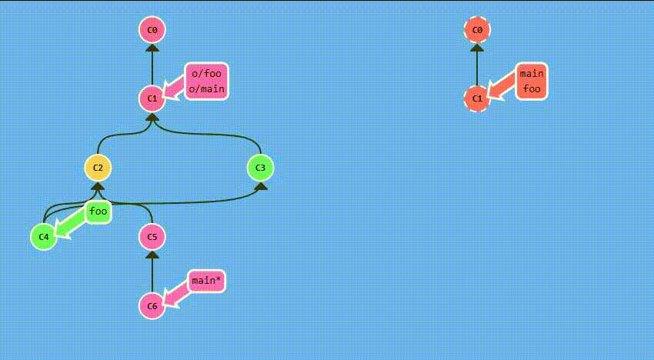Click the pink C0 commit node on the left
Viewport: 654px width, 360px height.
(152, 30)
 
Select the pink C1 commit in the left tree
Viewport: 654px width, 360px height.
(152, 98)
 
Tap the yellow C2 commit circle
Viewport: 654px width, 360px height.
(98, 168)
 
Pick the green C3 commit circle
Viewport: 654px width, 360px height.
(261, 168)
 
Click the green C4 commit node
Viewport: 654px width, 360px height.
(44, 236)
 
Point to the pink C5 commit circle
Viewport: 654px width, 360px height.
(152, 236)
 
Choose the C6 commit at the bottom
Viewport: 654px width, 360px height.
(152, 306)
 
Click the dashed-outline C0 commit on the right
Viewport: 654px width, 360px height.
(477, 30)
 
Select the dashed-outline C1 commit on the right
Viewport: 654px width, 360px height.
(477, 98)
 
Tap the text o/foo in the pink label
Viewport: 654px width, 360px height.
(206, 74)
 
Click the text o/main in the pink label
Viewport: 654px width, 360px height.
(206, 88)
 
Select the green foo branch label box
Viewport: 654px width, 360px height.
(98, 212)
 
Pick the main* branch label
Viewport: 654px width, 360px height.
(207, 281)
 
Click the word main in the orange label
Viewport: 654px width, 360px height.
(532, 74)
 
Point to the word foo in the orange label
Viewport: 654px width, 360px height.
(532, 88)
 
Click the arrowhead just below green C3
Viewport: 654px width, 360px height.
(261, 185)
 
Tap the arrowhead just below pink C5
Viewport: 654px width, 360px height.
(152, 255)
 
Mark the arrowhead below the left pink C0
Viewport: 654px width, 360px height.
(152, 48)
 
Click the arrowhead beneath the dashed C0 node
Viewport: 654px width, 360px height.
(477, 48)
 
